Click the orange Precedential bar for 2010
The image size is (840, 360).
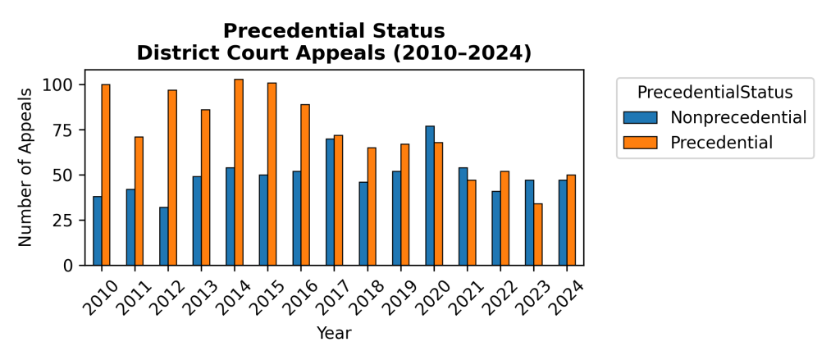106,175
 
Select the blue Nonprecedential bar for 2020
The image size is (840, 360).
430,196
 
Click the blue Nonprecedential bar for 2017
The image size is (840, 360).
330,202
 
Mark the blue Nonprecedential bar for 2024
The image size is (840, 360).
563,223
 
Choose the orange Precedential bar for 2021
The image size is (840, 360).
471,223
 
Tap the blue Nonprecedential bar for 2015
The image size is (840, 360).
263,220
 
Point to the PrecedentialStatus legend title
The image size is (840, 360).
714,90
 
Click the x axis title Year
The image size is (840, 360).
334,334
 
